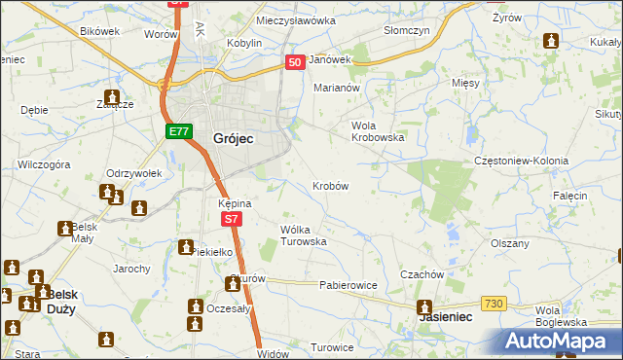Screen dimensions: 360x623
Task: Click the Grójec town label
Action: coord(233,139)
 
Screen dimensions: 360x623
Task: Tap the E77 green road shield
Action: coord(177,131)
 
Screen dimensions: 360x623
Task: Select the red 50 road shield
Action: coord(297,62)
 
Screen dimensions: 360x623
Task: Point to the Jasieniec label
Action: coord(445,317)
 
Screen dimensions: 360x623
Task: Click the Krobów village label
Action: coord(331,185)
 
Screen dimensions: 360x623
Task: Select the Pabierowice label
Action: coord(348,286)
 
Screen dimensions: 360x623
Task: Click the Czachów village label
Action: coord(422,274)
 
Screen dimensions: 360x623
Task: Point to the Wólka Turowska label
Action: coord(303,234)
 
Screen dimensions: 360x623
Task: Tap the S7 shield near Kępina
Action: coord(231,220)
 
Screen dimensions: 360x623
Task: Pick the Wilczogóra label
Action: coord(44,165)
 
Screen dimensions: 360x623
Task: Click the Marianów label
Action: coord(337,88)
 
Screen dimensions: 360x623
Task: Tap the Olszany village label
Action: coord(510,243)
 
